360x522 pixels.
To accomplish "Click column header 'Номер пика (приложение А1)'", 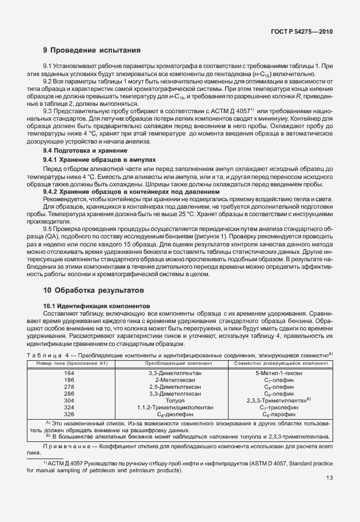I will (70, 363).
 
